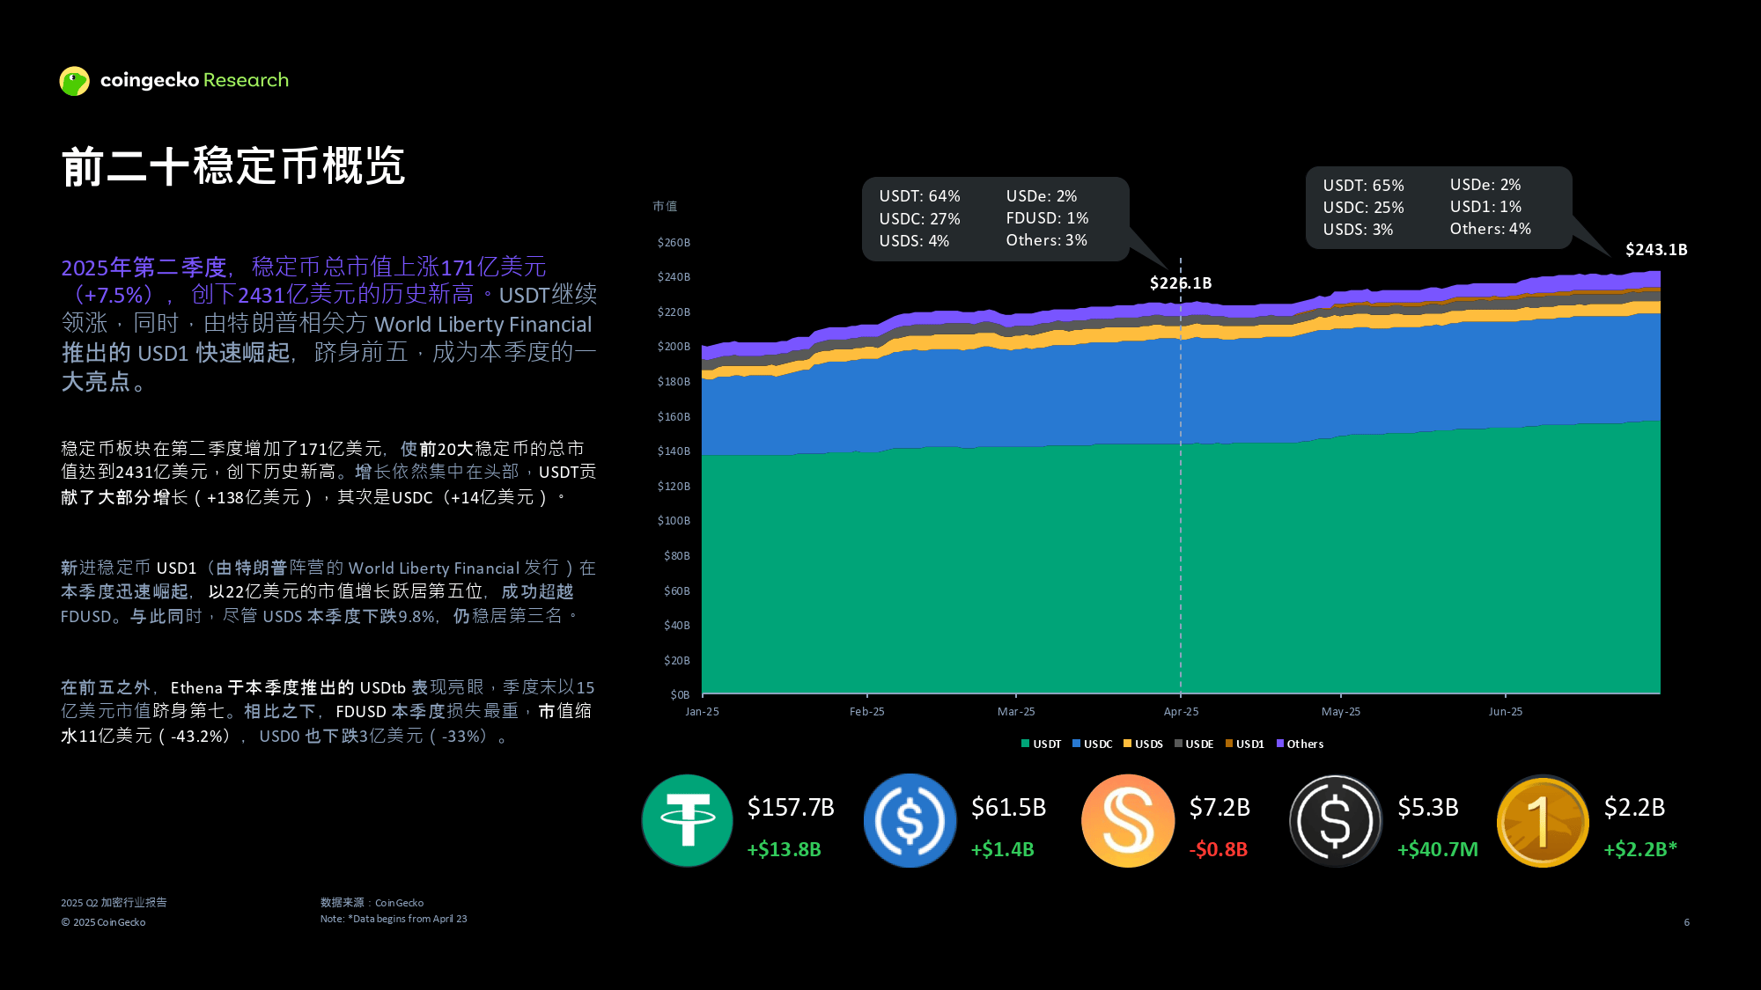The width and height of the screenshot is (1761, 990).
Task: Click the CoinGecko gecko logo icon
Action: (x=75, y=81)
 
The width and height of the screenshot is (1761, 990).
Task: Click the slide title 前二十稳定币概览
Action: (x=233, y=165)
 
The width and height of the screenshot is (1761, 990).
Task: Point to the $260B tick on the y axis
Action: (x=674, y=243)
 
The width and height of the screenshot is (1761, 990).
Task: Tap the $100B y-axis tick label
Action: (x=674, y=521)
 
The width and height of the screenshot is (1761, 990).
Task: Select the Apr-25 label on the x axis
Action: (x=1181, y=712)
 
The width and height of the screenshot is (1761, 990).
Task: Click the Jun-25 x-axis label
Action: (x=1505, y=712)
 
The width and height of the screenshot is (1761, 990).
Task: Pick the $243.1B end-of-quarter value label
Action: (x=1656, y=250)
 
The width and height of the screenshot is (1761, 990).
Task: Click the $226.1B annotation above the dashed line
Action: (x=1181, y=283)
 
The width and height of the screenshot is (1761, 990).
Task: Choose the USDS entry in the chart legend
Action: (x=1144, y=744)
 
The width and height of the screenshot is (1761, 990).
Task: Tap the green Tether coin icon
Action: (x=688, y=820)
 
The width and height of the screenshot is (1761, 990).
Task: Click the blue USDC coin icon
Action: (x=910, y=820)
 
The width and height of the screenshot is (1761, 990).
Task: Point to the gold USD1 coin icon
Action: (x=1543, y=820)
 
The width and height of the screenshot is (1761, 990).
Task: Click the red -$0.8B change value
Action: (x=1219, y=850)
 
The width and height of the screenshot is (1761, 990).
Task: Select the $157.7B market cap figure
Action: (x=791, y=807)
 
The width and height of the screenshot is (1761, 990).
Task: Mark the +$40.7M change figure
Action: (x=1438, y=850)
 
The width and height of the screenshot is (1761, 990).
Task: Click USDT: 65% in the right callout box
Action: (x=1363, y=186)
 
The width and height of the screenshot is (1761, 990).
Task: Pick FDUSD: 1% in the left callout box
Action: (x=1047, y=218)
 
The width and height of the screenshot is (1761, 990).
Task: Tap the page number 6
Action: (x=1686, y=922)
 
